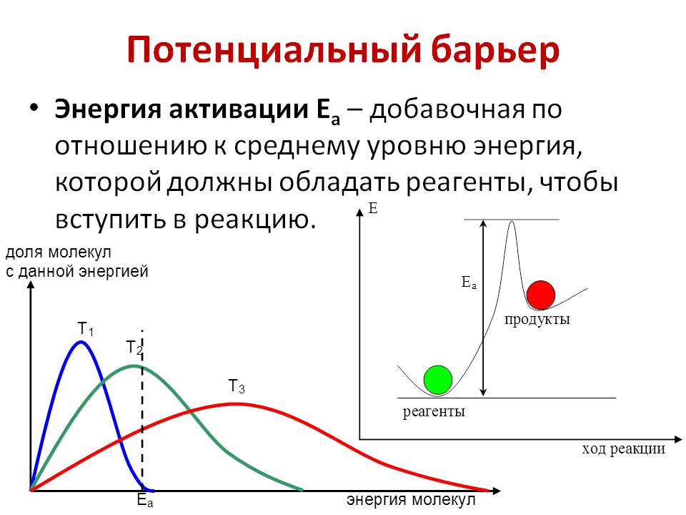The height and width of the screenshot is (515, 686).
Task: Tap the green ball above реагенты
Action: [438, 380]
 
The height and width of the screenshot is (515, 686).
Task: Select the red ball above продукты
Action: [541, 295]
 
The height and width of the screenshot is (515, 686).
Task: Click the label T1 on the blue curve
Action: [85, 328]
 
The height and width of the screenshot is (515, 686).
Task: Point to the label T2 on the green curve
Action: [134, 348]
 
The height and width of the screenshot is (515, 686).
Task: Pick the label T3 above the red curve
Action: [237, 386]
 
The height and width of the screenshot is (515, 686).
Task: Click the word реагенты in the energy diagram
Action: [434, 412]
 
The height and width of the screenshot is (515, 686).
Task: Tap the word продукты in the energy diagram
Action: [537, 319]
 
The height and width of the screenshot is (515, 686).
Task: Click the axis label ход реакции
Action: [623, 448]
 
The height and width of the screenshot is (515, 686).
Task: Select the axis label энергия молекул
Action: [411, 500]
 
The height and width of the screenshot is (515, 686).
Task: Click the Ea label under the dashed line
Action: [145, 500]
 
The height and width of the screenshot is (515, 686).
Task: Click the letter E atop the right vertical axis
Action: [373, 208]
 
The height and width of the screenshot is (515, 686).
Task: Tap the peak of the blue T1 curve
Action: [81, 342]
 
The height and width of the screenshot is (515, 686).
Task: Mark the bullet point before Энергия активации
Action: [34, 107]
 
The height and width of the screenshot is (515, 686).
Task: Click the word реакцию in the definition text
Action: [255, 220]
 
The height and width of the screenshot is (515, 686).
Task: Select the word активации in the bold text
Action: [239, 109]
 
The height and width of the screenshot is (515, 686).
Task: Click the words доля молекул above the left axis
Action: [58, 252]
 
